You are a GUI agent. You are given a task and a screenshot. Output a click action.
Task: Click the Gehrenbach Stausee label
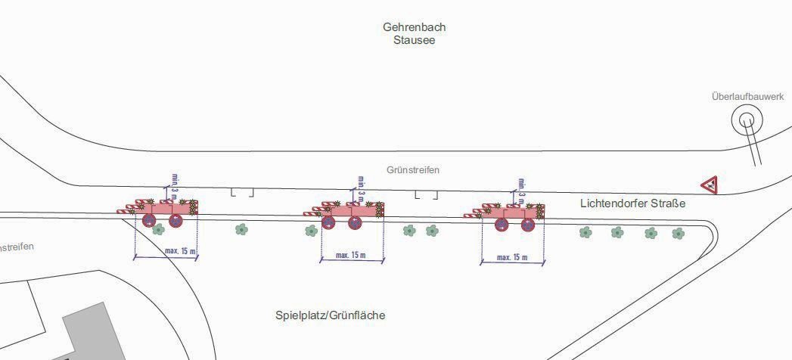414,33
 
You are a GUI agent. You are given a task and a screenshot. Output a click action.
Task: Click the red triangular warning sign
709,184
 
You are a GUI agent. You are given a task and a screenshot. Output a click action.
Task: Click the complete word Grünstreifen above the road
413,170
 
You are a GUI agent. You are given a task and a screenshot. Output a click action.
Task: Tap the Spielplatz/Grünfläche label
330,315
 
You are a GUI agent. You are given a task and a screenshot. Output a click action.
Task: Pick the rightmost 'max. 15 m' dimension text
512,258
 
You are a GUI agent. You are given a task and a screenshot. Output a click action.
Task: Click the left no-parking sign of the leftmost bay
149,221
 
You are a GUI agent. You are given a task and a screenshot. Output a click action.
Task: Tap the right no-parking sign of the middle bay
355,223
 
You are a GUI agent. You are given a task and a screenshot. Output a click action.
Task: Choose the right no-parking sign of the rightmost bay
527,224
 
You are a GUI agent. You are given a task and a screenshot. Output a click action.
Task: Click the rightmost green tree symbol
679,233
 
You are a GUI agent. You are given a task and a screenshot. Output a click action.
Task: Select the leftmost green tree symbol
241,228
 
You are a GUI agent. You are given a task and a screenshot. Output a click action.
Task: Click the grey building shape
91,333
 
